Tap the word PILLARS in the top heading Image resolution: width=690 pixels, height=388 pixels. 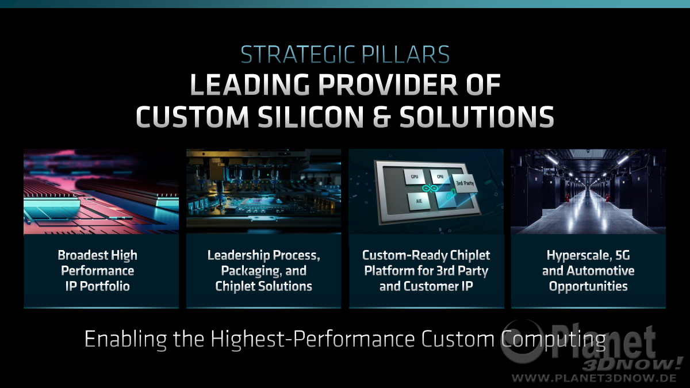click(x=406, y=55)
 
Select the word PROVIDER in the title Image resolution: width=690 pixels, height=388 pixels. click(x=388, y=84)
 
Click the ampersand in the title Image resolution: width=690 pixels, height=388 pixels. click(x=382, y=117)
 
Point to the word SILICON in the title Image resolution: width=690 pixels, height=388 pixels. click(x=311, y=117)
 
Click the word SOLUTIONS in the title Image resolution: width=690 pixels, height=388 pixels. click(x=477, y=117)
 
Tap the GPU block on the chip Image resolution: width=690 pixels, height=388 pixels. click(x=415, y=177)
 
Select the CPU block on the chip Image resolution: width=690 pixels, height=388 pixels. click(x=440, y=177)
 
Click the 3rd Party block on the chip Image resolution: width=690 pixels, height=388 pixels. click(x=465, y=183)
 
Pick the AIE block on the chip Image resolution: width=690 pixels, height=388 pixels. click(x=419, y=201)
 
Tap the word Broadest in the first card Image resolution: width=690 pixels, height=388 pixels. click(x=83, y=255)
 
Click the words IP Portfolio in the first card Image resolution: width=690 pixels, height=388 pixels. click(x=97, y=286)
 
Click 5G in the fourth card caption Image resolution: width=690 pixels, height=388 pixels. click(x=622, y=255)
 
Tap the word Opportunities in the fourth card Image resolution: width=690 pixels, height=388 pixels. click(x=588, y=286)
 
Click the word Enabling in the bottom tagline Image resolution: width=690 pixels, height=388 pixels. click(x=125, y=339)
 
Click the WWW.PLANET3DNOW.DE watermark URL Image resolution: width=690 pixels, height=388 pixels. click(x=594, y=378)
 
